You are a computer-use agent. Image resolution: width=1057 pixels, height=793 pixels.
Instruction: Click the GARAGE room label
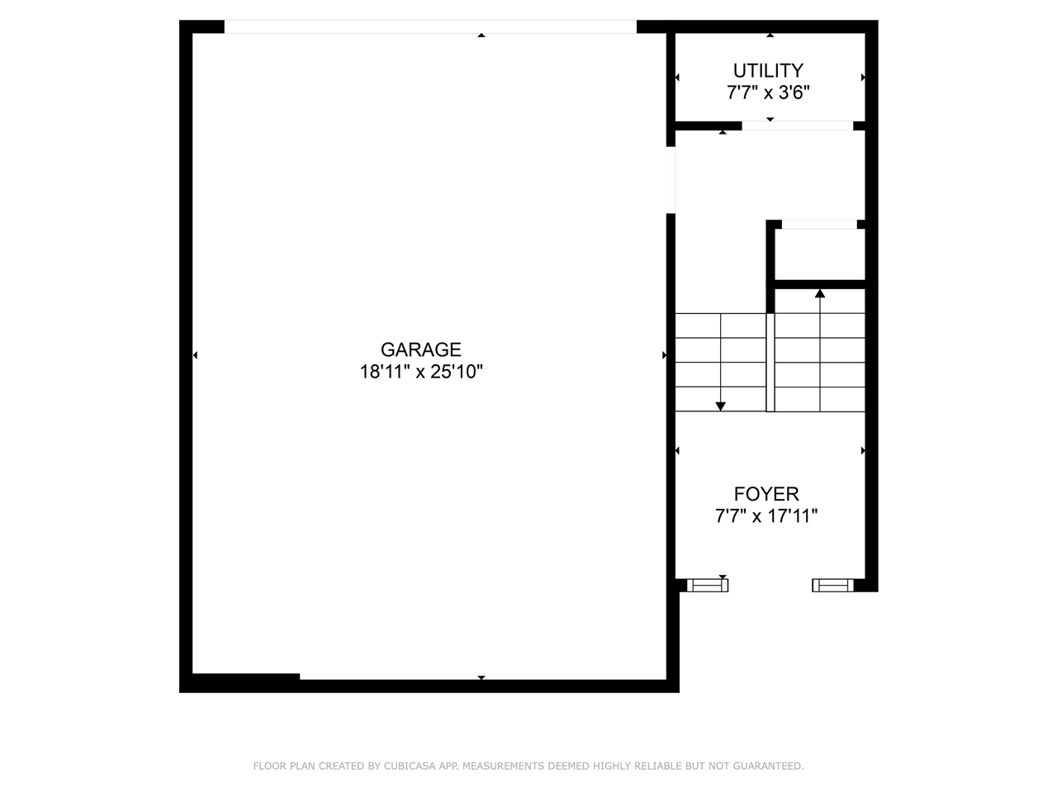[x=420, y=349]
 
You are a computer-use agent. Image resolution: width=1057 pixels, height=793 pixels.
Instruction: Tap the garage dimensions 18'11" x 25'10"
[x=420, y=372]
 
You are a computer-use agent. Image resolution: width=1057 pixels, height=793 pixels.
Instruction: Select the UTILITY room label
[x=768, y=70]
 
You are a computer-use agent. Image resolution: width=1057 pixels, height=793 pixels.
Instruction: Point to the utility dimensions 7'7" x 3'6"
[x=768, y=93]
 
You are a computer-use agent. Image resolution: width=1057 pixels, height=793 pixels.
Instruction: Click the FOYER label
[x=766, y=494]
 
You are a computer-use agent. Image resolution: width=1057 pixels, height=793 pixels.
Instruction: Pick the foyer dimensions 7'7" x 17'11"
[x=766, y=516]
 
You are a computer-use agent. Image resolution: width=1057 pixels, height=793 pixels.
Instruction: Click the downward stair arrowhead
[x=721, y=406]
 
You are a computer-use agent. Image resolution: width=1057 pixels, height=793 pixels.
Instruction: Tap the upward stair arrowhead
[x=820, y=293]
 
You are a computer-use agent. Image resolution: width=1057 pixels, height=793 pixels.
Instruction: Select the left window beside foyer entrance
[x=708, y=586]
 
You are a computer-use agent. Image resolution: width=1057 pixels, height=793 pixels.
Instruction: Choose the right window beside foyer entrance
[x=832, y=586]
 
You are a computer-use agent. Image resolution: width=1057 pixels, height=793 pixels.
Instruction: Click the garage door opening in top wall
[x=430, y=27]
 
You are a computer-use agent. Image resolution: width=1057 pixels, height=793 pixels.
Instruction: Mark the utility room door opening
[x=797, y=126]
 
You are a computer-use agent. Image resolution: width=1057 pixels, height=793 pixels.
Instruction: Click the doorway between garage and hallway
[x=671, y=180]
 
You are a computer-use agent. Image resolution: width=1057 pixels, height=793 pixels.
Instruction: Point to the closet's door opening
[x=819, y=224]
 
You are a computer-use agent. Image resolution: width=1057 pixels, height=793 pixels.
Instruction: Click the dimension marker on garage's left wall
[x=195, y=355]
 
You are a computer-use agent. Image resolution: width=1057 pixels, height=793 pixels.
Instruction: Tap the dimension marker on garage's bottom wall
[x=481, y=677]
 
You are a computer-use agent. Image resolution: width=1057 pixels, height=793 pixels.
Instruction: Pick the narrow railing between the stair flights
[x=770, y=362]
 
